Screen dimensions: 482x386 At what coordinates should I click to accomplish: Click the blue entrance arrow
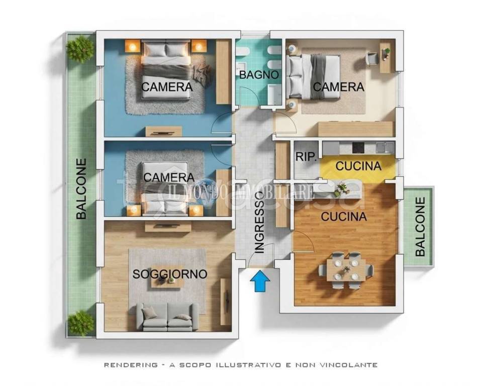coord(260,280)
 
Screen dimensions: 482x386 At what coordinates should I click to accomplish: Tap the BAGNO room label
coord(259,75)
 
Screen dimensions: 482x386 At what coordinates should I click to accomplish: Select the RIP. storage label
coord(306,157)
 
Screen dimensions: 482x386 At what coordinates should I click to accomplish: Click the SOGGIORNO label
coord(170,274)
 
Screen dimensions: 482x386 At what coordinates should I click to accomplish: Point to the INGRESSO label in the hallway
coord(260,222)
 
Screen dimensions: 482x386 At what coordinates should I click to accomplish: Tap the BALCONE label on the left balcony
coord(81,188)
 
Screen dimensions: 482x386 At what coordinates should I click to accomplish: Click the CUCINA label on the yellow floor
coord(358,166)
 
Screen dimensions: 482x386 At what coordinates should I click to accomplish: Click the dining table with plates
coord(346,270)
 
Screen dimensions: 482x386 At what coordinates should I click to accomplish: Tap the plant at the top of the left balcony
coord(80,49)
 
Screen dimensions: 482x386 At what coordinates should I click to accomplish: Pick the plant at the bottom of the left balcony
coord(80,324)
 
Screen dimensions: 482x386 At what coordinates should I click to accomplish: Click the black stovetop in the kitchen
coord(358,148)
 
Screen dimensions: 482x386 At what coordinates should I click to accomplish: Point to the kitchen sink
coord(385,148)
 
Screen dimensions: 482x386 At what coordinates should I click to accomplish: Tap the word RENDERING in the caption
coord(130,365)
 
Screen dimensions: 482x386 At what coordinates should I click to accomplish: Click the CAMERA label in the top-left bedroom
coord(167,87)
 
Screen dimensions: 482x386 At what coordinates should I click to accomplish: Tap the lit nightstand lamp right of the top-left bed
coord(199,47)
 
